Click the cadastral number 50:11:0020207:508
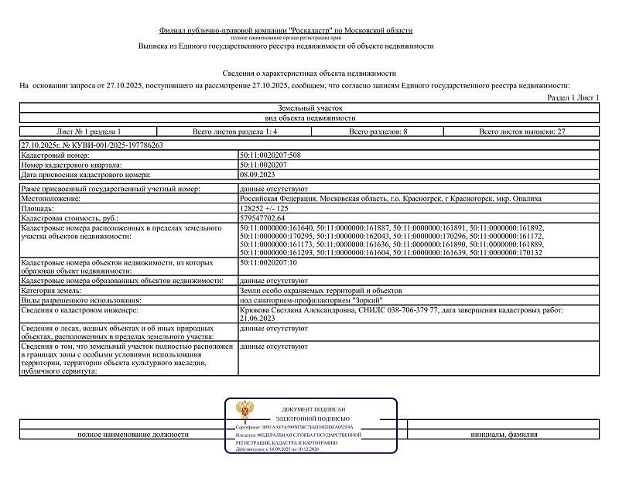[x=272, y=155]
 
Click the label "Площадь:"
[x=38, y=209]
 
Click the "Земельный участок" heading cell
[x=309, y=109]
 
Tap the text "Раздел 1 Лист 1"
[x=573, y=98]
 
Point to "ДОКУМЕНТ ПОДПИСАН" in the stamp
[x=313, y=408]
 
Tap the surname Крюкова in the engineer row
[x=258, y=309]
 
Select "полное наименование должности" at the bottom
[x=133, y=435]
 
